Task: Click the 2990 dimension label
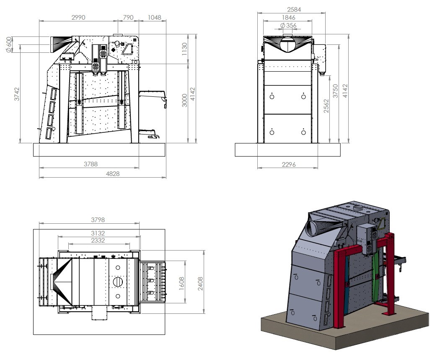pos(78,18)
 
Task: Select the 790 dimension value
pos(128,18)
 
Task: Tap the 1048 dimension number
pos(154,18)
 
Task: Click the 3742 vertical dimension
pos(17,94)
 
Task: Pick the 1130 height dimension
pos(184,49)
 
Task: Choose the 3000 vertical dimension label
pos(184,101)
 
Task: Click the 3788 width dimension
pos(91,164)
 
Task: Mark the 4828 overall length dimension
pos(113,174)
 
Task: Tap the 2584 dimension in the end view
pos(294,10)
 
